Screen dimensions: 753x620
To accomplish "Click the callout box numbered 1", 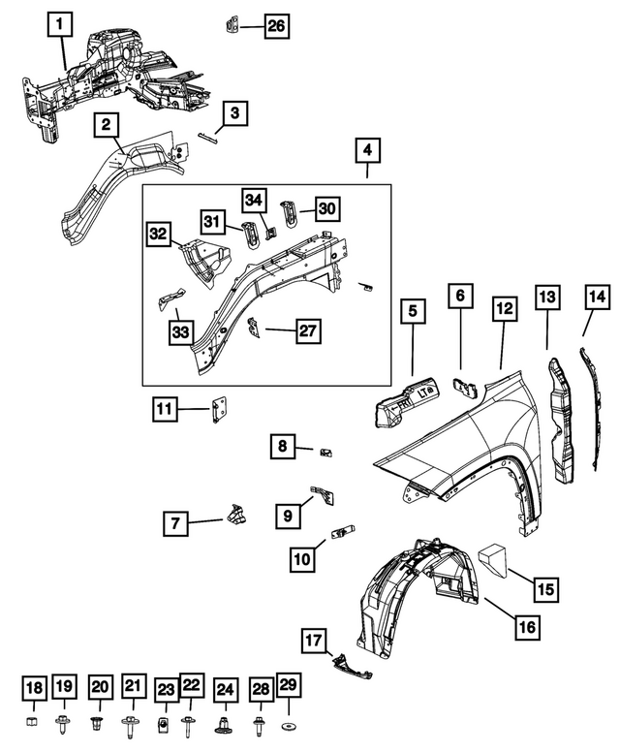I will pos(59,22).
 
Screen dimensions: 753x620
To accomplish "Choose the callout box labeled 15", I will pos(546,588).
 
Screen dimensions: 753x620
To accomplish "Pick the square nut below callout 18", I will pos(34,724).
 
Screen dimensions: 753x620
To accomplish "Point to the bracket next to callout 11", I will pos(219,409).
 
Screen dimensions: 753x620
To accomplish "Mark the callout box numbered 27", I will pos(307,330).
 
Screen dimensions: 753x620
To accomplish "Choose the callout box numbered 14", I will pos(596,297).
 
